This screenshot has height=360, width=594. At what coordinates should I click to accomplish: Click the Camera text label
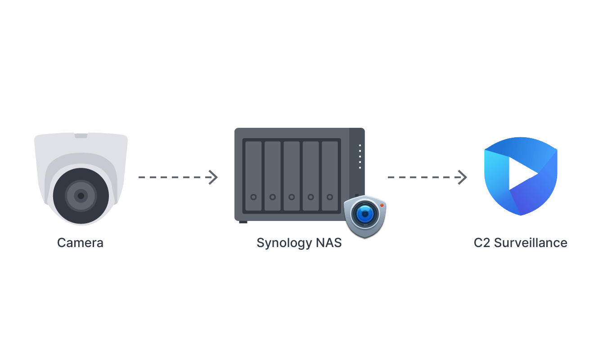[80, 243]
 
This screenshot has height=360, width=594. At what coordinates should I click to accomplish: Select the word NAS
[329, 243]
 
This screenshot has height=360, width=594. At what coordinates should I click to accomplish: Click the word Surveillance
[531, 243]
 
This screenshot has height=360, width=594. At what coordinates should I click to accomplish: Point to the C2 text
[482, 243]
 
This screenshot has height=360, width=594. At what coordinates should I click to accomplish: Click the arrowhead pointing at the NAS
[213, 177]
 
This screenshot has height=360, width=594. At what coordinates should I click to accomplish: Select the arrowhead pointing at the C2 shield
[463, 177]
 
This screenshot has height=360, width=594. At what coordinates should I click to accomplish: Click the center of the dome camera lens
[81, 196]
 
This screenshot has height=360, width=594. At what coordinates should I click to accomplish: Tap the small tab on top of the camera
[81, 135]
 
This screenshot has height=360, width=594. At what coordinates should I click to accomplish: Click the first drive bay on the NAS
[253, 176]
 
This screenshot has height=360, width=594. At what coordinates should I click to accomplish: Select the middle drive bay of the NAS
[292, 176]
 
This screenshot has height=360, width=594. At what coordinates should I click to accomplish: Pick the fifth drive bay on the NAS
[330, 176]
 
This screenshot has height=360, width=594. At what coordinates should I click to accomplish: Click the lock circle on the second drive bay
[273, 197]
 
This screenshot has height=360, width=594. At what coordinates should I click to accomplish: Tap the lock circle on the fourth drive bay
[311, 197]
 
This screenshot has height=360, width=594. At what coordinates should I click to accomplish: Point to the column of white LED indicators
[360, 157]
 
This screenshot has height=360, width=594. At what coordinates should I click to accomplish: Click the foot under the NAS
[243, 222]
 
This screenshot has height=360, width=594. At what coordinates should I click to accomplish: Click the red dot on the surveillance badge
[382, 205]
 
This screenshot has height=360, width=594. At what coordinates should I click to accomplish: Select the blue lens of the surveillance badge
[365, 214]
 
